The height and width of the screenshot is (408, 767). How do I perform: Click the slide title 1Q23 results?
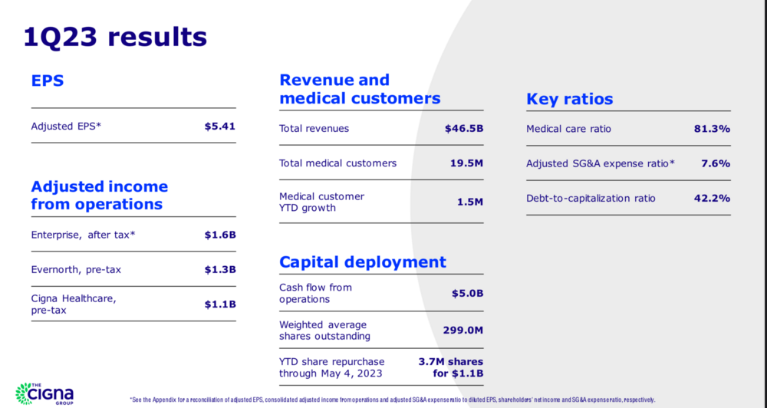pyautogui.click(x=115, y=36)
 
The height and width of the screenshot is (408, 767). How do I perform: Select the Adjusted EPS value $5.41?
pyautogui.click(x=219, y=126)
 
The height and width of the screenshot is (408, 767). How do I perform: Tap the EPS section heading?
pyautogui.click(x=47, y=81)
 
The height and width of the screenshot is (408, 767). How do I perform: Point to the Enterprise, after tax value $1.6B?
pyautogui.click(x=219, y=235)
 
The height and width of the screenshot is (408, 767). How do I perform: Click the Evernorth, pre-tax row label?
pyautogui.click(x=76, y=269)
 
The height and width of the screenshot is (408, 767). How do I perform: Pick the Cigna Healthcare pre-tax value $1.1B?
pyautogui.click(x=219, y=304)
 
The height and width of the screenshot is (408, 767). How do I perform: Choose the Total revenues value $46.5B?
pyautogui.click(x=463, y=128)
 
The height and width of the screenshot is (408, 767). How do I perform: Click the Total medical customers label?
pyautogui.click(x=337, y=163)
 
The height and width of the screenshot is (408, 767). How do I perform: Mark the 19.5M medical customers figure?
pyautogui.click(x=466, y=163)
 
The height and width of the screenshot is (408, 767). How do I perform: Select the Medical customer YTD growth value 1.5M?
pyautogui.click(x=469, y=202)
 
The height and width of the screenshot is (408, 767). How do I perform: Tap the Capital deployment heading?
pyautogui.click(x=363, y=262)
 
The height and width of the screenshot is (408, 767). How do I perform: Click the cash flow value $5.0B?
pyautogui.click(x=466, y=293)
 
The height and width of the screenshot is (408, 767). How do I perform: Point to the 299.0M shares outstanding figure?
pyautogui.click(x=463, y=330)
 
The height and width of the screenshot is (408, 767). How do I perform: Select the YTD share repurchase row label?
pyautogui.click(x=331, y=367)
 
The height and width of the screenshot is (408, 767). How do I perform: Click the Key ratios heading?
pyautogui.click(x=569, y=99)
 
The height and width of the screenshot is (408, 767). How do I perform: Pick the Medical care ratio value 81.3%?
pyautogui.click(x=711, y=128)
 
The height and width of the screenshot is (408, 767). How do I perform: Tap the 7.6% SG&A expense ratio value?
pyautogui.click(x=715, y=163)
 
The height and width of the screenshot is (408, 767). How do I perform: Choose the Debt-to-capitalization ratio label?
pyautogui.click(x=591, y=198)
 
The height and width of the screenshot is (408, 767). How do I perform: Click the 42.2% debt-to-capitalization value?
pyautogui.click(x=711, y=198)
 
